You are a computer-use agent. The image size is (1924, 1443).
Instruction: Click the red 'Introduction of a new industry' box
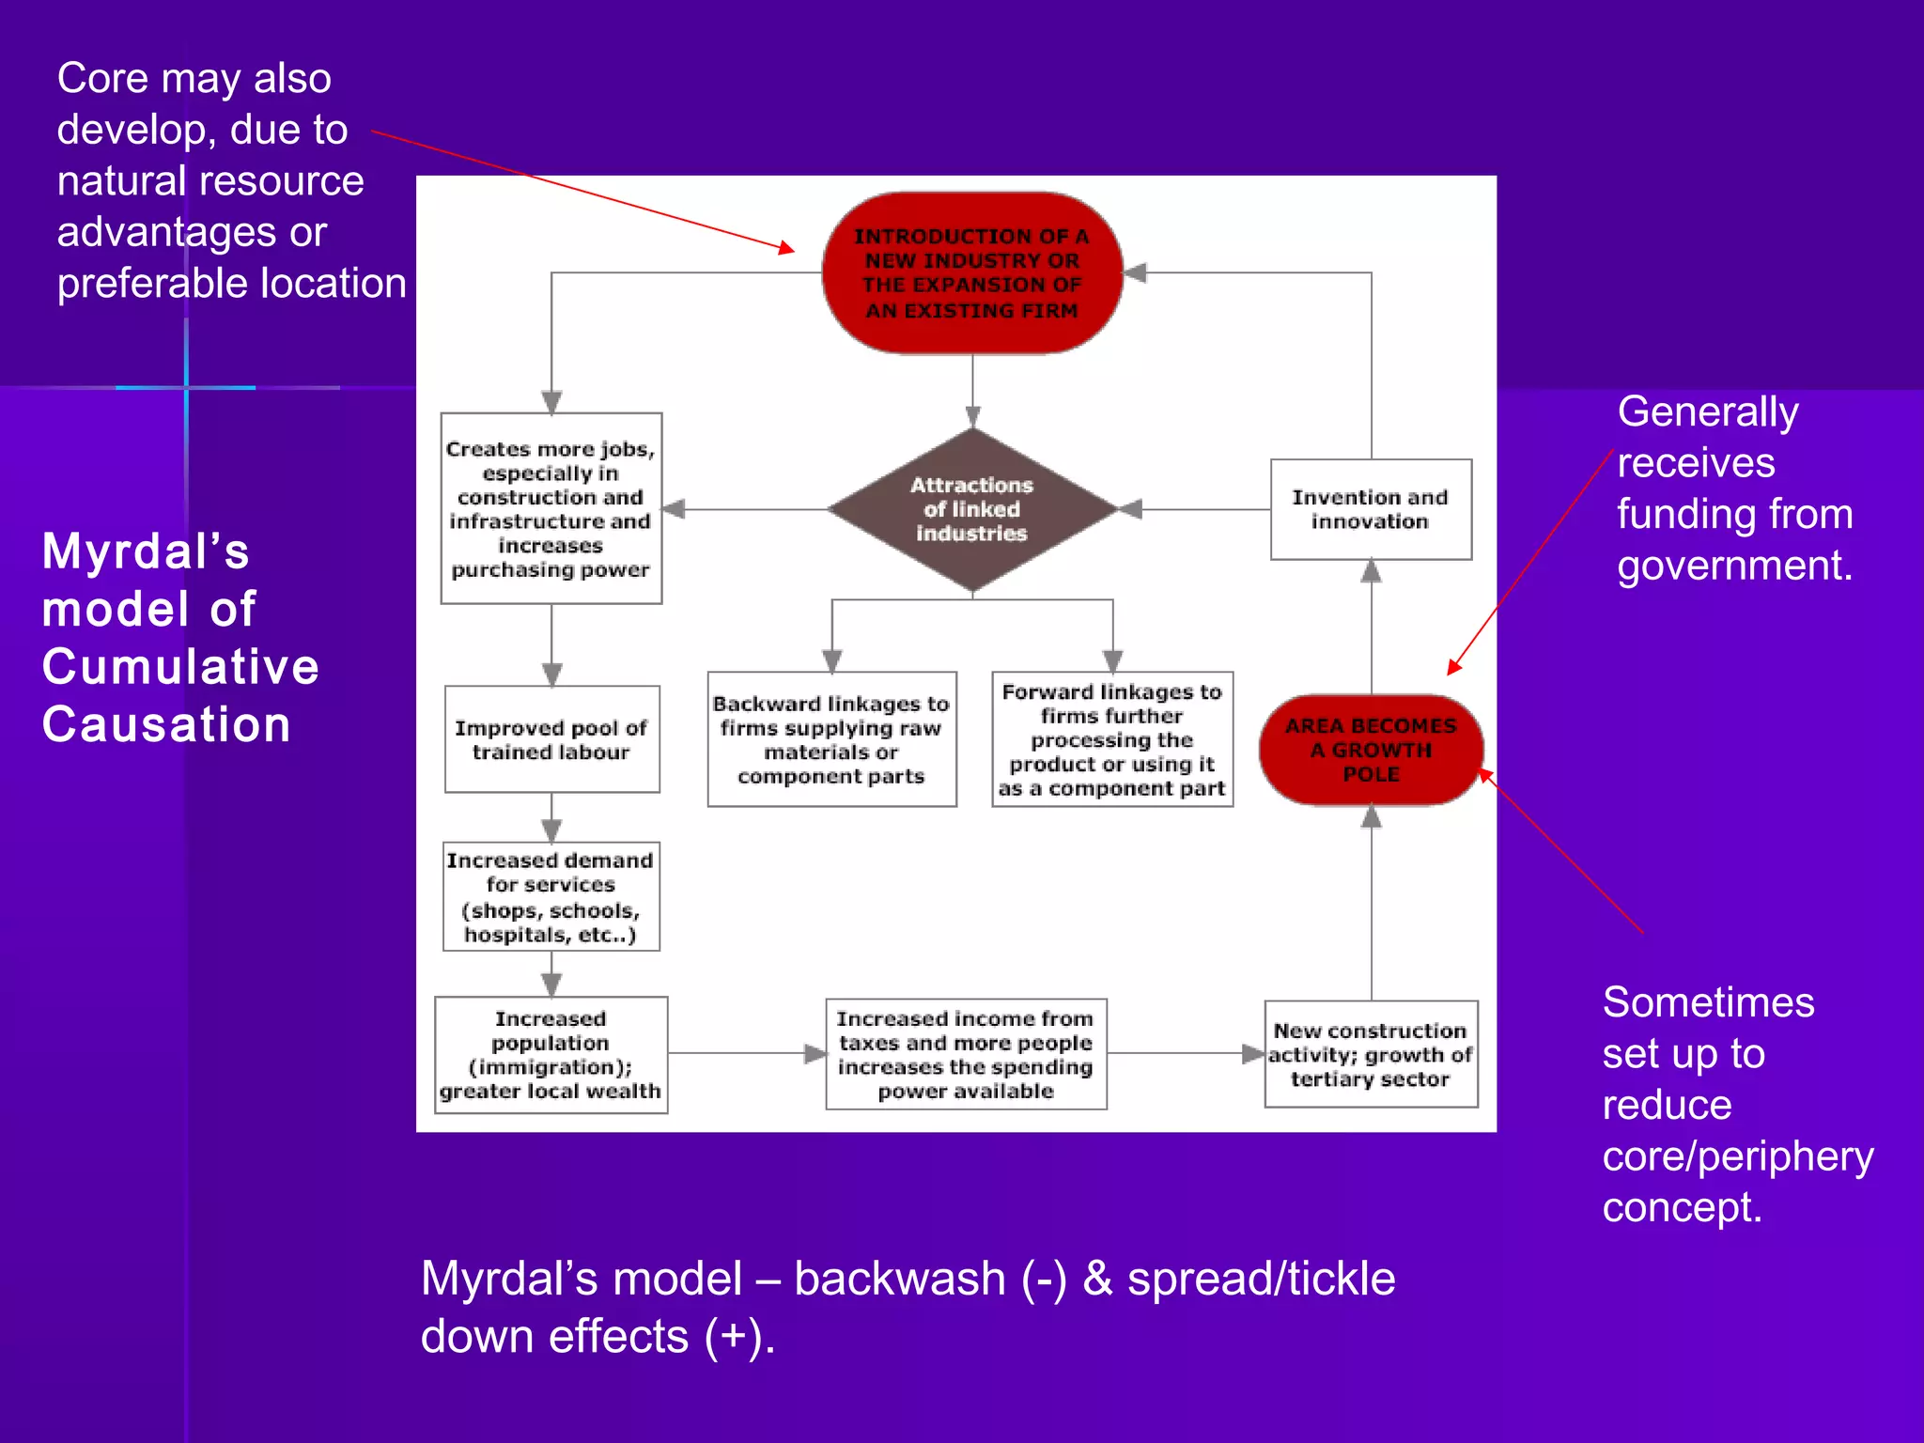(x=972, y=272)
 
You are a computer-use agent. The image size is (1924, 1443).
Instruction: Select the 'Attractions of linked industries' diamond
(x=972, y=509)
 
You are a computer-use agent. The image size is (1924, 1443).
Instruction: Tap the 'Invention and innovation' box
(x=1371, y=509)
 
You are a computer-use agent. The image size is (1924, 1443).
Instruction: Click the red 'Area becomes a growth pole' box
(x=1371, y=750)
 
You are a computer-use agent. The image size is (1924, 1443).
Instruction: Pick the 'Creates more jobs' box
(x=551, y=508)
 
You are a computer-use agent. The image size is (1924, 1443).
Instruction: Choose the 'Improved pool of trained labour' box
(x=551, y=739)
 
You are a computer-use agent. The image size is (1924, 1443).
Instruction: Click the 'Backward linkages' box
(x=831, y=739)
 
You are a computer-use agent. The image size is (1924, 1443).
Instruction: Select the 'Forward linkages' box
(x=1112, y=739)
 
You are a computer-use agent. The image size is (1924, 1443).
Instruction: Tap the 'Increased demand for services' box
(x=551, y=897)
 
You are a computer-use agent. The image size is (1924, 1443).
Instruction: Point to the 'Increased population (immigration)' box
(x=551, y=1055)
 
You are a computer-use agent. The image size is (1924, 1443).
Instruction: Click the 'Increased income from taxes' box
(x=966, y=1054)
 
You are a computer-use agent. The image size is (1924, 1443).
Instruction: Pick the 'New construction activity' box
(x=1371, y=1054)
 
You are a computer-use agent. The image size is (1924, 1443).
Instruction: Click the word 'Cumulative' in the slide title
(x=180, y=667)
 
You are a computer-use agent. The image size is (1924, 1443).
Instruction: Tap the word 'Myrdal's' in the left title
(x=146, y=551)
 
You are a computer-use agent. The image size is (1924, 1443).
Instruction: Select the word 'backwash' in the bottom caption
(x=900, y=1280)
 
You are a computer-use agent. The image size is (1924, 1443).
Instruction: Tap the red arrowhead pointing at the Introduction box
(x=787, y=248)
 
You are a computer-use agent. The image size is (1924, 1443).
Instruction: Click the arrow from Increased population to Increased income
(x=747, y=1054)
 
